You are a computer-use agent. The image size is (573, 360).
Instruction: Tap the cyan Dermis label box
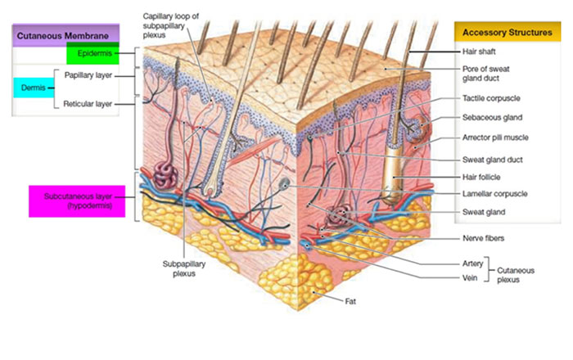pos(34,86)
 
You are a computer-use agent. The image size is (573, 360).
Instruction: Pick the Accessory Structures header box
pos(501,33)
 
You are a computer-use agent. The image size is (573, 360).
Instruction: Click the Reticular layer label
pos(88,104)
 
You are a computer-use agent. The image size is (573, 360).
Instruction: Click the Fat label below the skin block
pos(350,302)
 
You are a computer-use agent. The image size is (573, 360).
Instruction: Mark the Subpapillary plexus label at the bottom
pos(184,270)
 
